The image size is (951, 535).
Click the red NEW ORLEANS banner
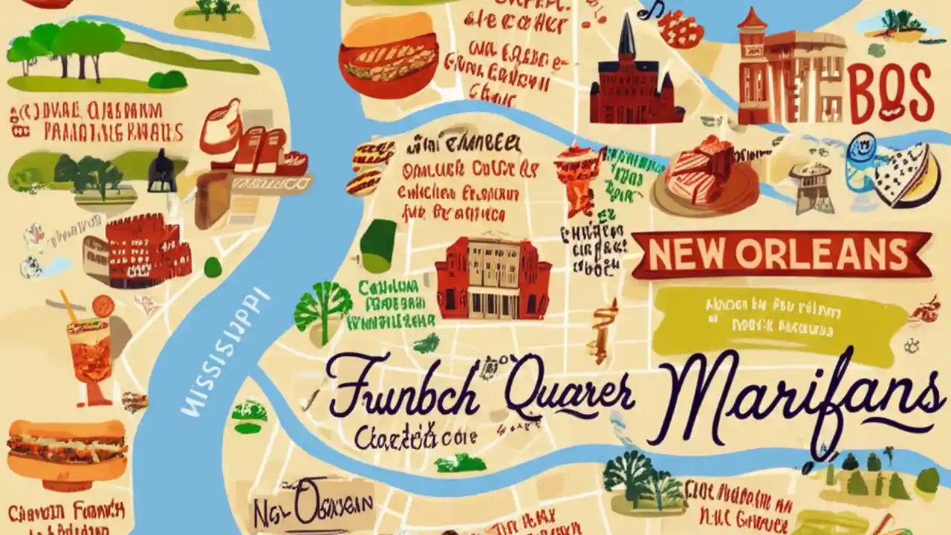780,255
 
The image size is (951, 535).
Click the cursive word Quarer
568,394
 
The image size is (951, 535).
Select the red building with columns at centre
493,279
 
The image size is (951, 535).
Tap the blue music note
652,9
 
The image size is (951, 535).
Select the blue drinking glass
862,162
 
